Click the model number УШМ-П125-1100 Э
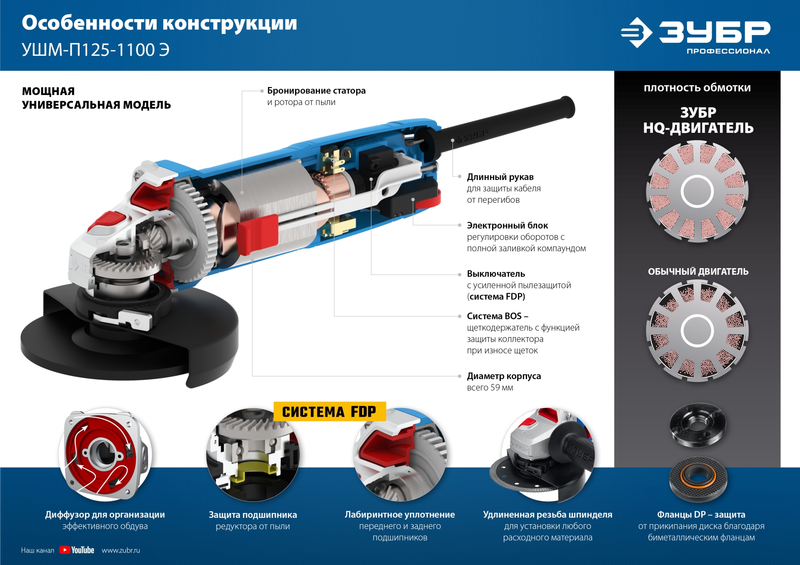pos(95,50)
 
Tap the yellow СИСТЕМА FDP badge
pos(329,412)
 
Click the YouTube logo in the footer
pos(77,550)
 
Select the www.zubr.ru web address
pos(121,550)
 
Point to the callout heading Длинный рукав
pos(500,177)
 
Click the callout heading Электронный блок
pos(507,225)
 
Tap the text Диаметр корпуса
pos(504,376)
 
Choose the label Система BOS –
pos(497,316)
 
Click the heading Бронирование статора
pos(316,90)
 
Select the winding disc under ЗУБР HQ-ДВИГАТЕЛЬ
pos(697,192)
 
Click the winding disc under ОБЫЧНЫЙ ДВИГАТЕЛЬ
pos(697,331)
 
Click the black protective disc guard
pos(125,346)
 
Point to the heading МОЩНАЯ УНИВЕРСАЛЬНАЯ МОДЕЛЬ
pos(96,98)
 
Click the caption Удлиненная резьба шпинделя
pos(547,515)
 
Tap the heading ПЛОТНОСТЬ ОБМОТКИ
pos(697,88)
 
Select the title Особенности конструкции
pos(159,23)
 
